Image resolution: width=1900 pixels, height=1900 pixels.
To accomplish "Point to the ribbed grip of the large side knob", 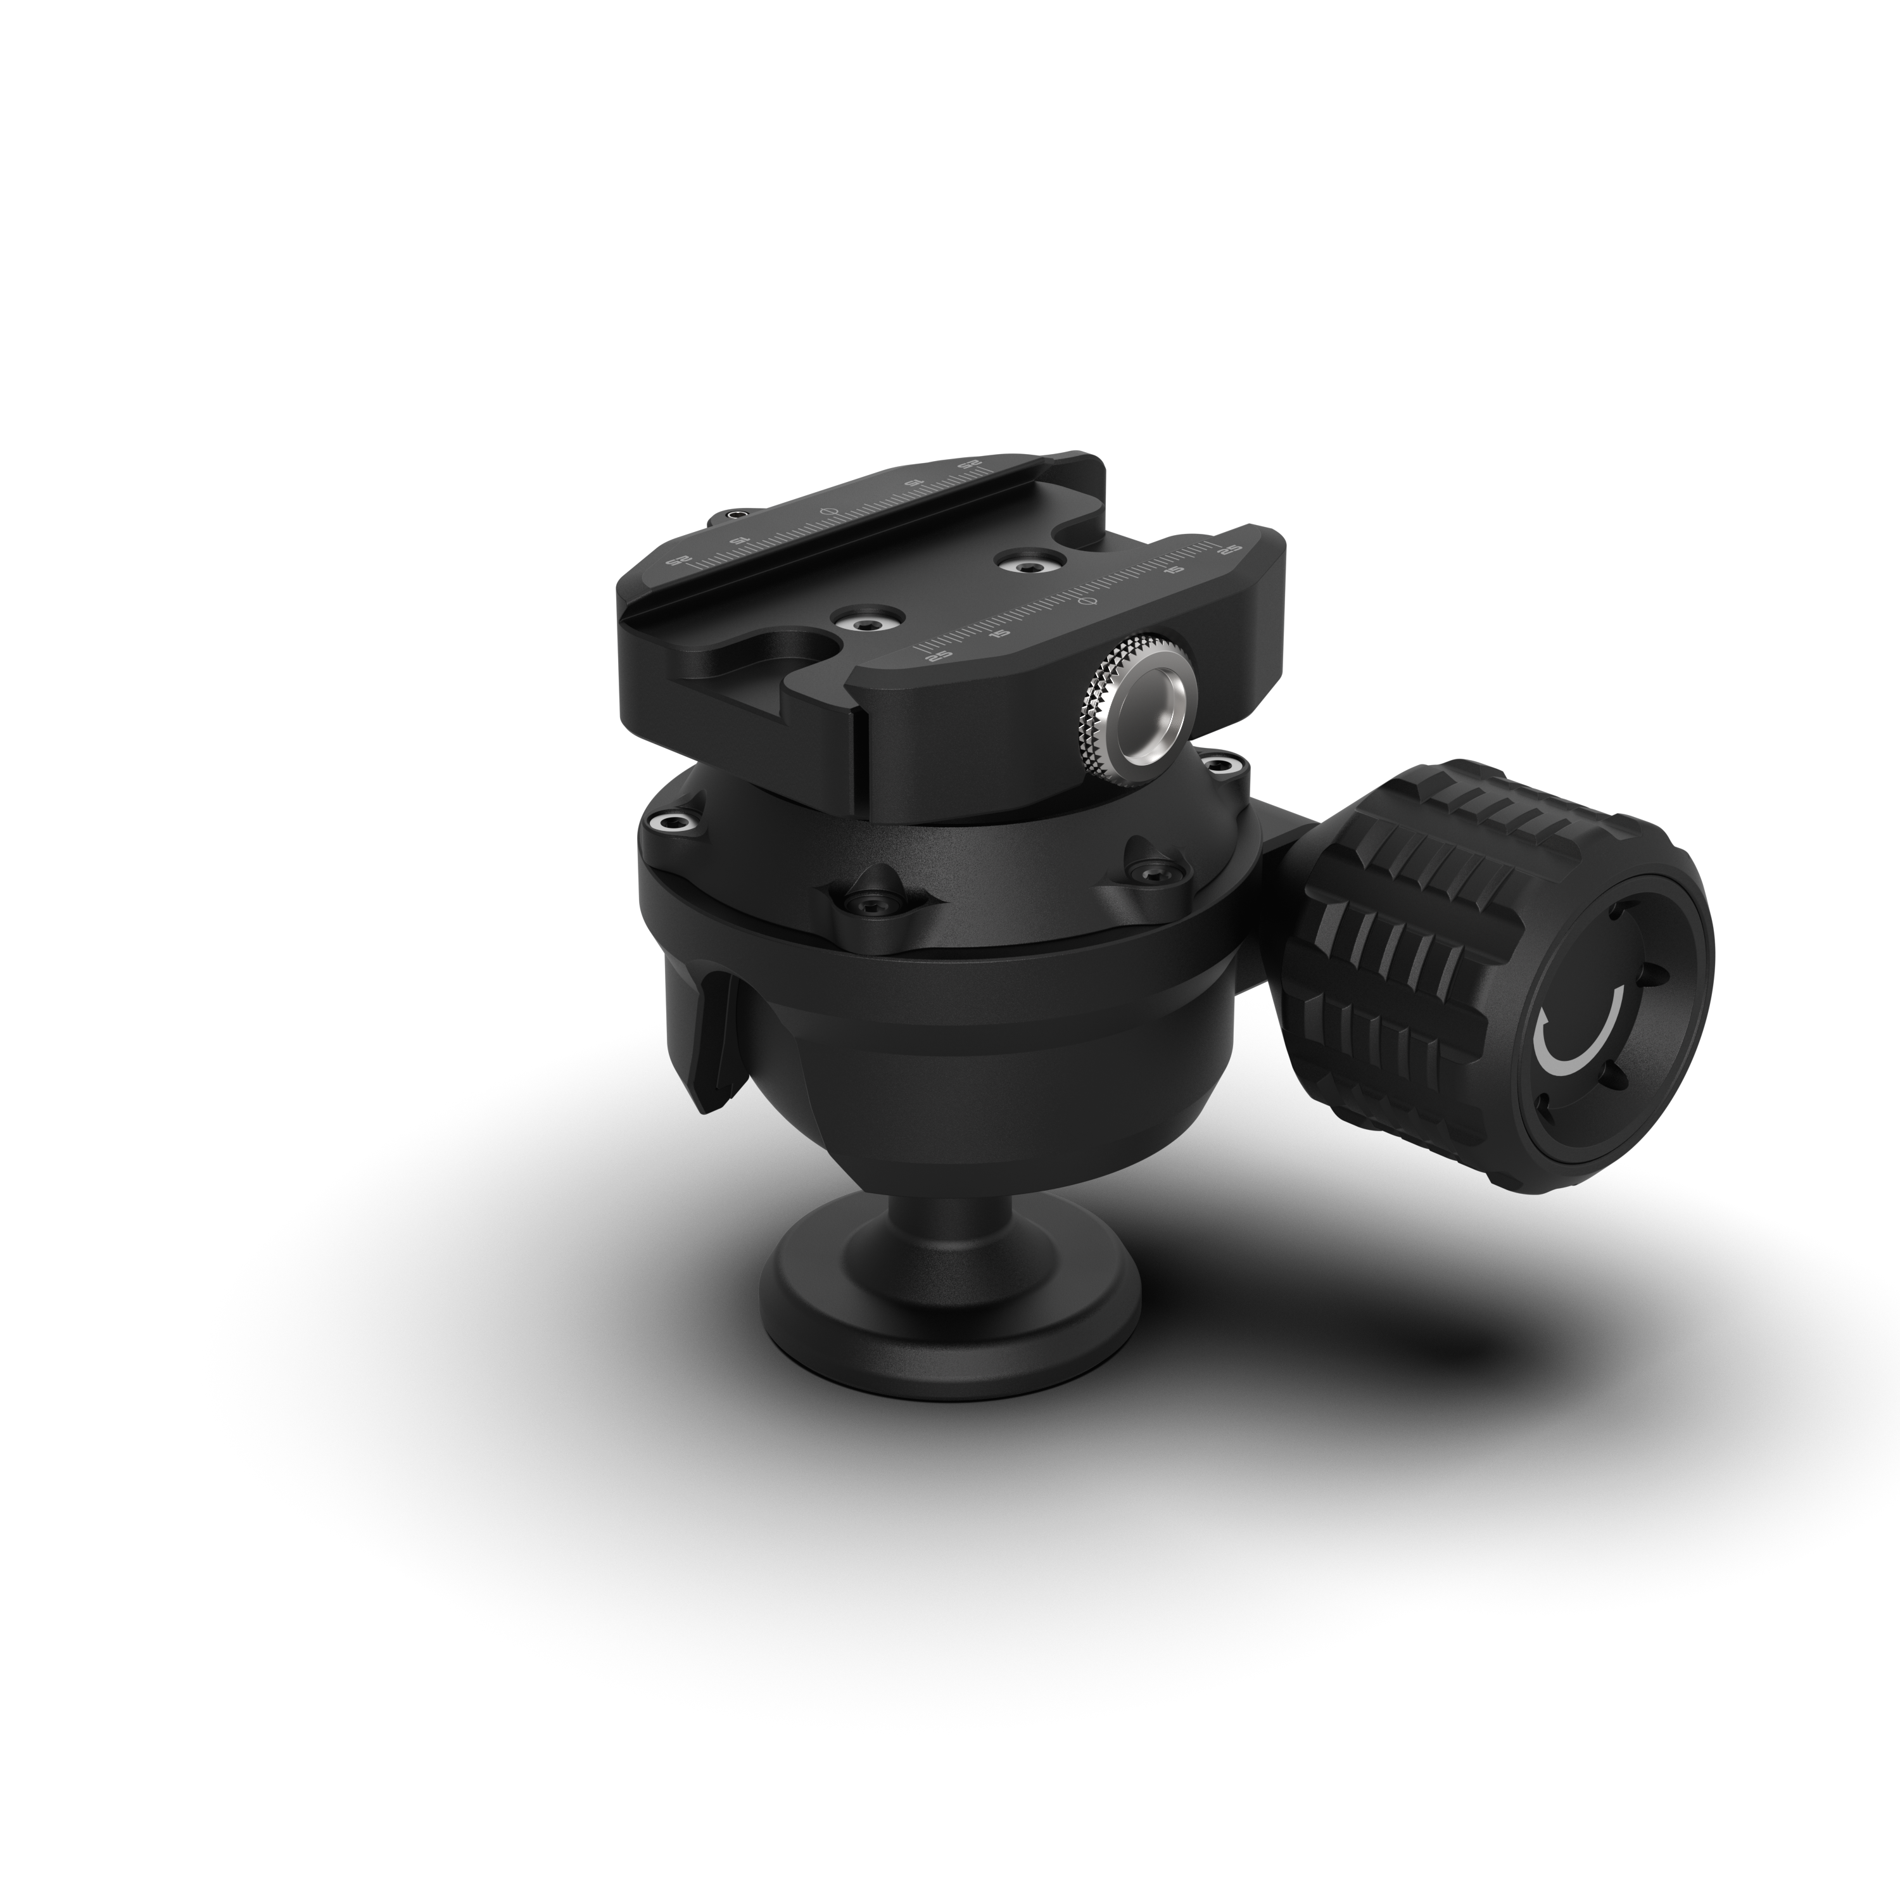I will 1396,973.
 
